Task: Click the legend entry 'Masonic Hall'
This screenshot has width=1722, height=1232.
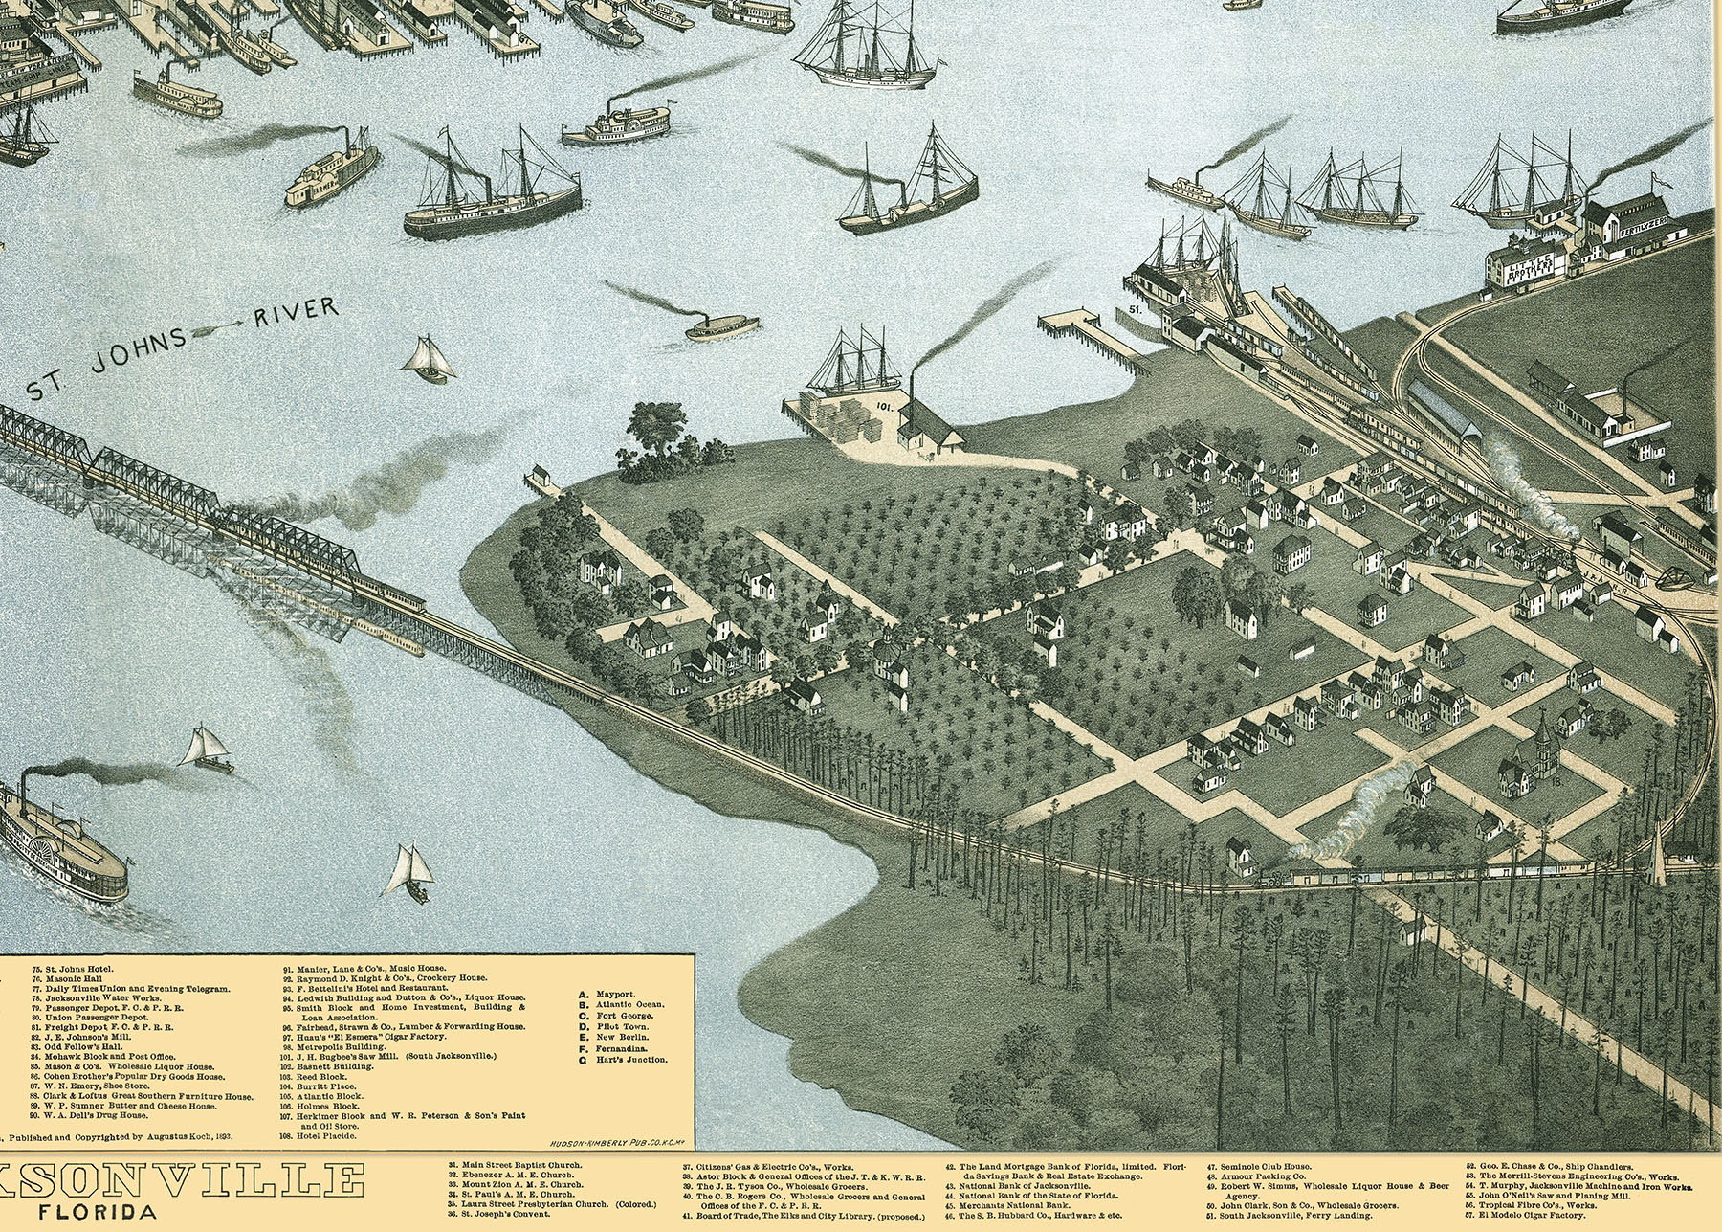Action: tap(63, 979)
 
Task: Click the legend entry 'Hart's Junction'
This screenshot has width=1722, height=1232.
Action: tap(630, 1060)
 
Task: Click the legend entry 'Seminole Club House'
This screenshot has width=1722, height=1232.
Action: tap(1262, 1167)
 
